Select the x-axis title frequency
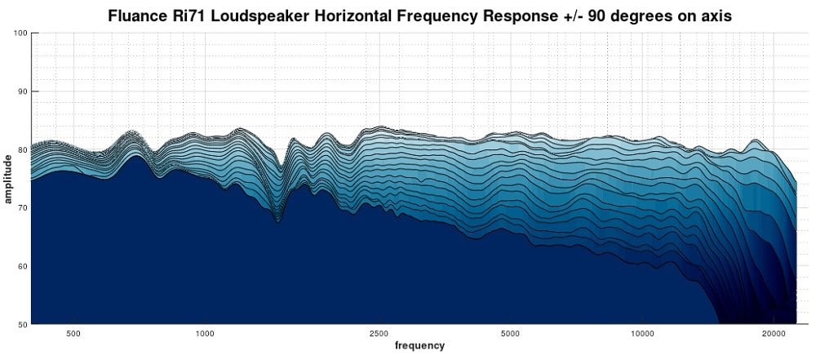point(419,345)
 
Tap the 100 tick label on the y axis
point(21,33)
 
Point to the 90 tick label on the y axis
point(23,91)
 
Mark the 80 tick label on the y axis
point(23,149)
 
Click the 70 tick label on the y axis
point(23,208)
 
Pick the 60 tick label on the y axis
point(23,266)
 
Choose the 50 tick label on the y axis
point(23,325)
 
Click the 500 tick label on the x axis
point(73,333)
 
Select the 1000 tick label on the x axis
point(205,333)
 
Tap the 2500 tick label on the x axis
point(379,333)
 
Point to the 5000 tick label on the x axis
point(510,333)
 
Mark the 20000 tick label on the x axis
point(774,333)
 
